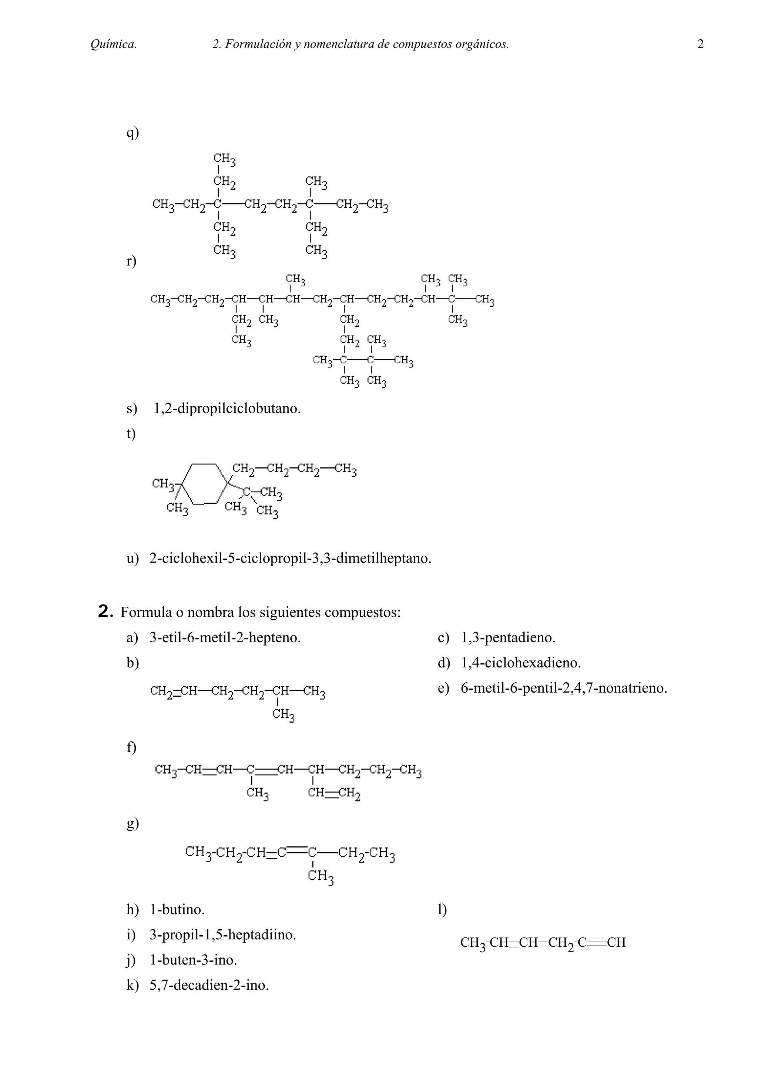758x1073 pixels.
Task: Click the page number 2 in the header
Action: pyautogui.click(x=700, y=44)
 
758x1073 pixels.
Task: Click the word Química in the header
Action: pyautogui.click(x=114, y=44)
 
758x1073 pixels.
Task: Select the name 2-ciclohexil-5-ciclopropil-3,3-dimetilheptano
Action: pyautogui.click(x=290, y=558)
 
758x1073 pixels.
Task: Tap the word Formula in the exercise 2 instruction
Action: pyautogui.click(x=142, y=612)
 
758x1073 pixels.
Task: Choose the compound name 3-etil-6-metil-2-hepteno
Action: pyautogui.click(x=225, y=637)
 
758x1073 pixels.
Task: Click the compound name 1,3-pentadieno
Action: pyautogui.click(x=508, y=637)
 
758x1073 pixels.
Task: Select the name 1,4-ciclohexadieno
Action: pyautogui.click(x=521, y=663)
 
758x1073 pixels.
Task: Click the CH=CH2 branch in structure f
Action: pyautogui.click(x=334, y=793)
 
